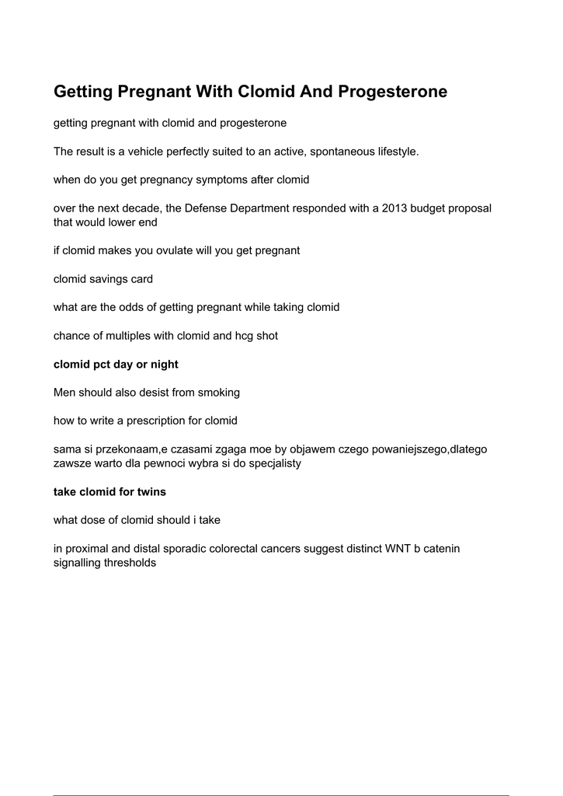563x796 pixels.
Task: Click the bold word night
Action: point(163,364)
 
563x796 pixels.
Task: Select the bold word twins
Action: point(151,491)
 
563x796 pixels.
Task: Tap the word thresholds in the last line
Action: point(130,563)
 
